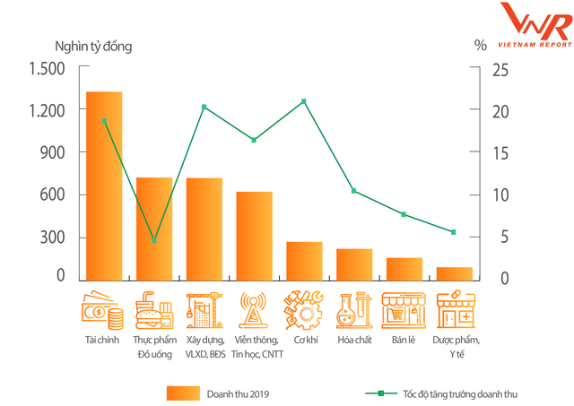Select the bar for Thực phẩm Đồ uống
[x=154, y=228]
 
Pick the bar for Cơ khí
[x=304, y=260]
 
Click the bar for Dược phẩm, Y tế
[x=455, y=272]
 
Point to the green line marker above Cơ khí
[x=304, y=100]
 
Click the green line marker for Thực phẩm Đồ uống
[x=154, y=240]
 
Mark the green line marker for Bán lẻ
[x=404, y=214]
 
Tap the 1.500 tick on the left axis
[x=48, y=69]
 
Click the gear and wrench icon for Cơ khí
[x=304, y=309]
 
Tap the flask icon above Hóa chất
[x=354, y=309]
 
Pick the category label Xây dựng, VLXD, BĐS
[x=205, y=347]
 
